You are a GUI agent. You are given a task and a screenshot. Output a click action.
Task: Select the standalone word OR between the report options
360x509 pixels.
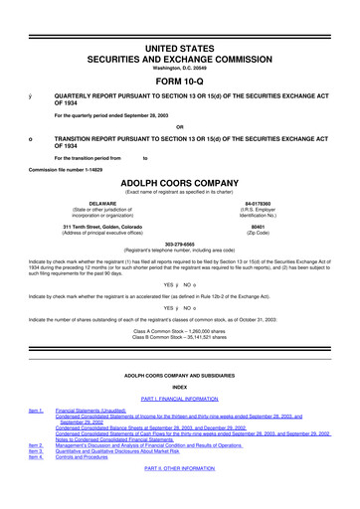(179, 126)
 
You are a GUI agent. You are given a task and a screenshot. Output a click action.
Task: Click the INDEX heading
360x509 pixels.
(179, 386)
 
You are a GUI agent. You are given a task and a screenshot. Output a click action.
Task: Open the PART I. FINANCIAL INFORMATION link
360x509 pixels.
(179, 398)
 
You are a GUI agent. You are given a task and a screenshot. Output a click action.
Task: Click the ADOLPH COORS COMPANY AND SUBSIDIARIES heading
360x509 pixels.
(179, 374)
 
